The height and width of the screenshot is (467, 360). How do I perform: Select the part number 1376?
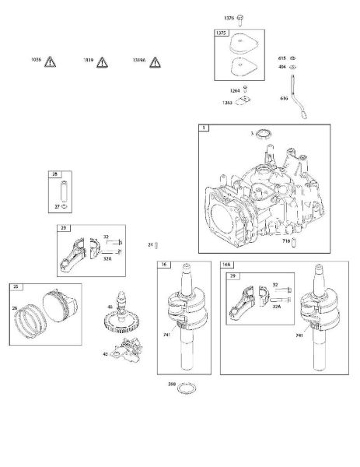[229, 17]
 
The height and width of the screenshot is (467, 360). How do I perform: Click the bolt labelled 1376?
[241, 17]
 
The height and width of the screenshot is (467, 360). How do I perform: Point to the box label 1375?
[222, 34]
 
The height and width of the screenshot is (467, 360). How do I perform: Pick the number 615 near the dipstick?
[282, 58]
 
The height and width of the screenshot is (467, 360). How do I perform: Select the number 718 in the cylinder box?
[285, 241]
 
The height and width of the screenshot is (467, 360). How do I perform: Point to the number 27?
[57, 208]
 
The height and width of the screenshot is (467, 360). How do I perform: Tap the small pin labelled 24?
[156, 245]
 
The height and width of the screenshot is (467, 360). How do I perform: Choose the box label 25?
[15, 286]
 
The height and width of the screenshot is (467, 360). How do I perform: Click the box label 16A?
[227, 265]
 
